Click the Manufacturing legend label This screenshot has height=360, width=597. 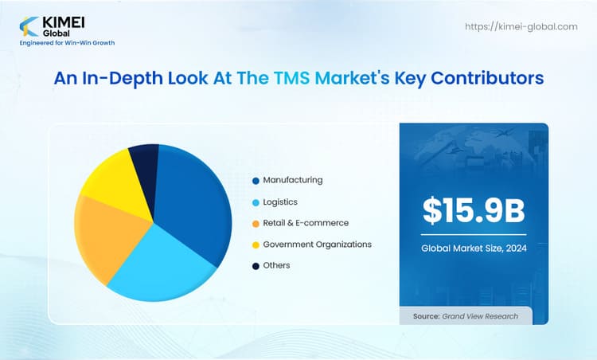(x=292, y=180)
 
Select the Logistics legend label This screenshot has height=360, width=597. (x=280, y=202)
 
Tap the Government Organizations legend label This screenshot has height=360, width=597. (x=317, y=244)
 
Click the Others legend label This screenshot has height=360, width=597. (x=276, y=265)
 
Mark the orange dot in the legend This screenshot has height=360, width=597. (x=255, y=224)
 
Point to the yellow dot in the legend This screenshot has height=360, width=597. (x=255, y=245)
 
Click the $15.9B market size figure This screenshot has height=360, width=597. (x=474, y=210)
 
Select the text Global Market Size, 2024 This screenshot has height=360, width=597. (x=474, y=248)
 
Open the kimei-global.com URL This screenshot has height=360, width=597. (x=521, y=26)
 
